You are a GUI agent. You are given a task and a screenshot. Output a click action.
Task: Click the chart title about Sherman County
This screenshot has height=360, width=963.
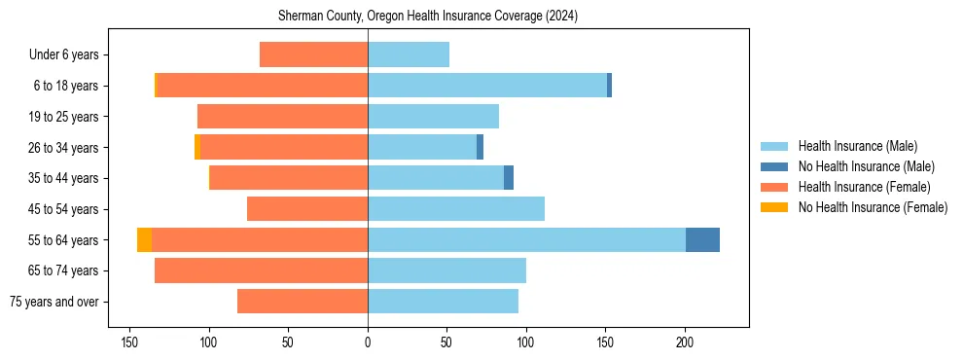tap(428, 17)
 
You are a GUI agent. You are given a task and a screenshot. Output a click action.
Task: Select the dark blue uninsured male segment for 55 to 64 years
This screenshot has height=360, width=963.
tap(702, 239)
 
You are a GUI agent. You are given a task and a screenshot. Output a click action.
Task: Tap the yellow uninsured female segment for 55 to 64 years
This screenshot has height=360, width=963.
tap(144, 239)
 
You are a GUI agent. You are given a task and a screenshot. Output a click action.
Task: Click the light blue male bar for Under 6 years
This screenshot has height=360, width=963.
tap(409, 54)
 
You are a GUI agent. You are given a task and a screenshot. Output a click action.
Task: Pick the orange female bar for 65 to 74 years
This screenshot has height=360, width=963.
tap(261, 270)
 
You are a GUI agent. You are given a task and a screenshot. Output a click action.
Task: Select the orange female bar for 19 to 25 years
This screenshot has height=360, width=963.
tap(282, 117)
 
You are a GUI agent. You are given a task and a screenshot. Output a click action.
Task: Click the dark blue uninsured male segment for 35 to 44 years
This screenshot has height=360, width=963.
tap(509, 178)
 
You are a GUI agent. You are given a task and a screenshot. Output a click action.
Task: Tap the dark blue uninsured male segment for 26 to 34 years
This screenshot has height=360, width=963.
tap(481, 147)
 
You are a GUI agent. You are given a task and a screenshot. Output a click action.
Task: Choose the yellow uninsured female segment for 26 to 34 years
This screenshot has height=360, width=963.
tap(197, 147)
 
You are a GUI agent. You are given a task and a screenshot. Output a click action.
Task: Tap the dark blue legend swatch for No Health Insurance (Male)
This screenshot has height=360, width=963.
tap(775, 166)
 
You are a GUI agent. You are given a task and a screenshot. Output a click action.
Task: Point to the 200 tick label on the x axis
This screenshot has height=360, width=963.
tap(685, 342)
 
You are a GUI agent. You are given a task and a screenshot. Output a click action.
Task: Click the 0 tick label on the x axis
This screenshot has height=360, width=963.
tap(368, 342)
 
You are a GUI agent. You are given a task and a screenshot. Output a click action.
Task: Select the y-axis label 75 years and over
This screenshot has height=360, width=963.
tap(54, 302)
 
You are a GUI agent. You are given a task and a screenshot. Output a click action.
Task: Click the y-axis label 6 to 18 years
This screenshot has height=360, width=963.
tap(66, 86)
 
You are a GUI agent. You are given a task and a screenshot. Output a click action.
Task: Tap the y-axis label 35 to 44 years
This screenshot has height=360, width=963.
tap(64, 178)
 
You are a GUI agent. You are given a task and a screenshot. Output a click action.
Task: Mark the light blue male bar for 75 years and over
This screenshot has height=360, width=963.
tap(443, 302)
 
